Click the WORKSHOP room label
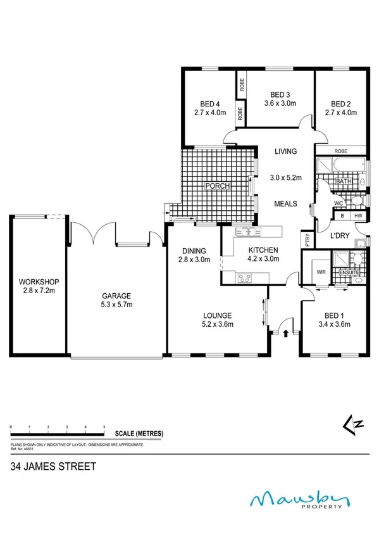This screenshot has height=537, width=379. (39, 281)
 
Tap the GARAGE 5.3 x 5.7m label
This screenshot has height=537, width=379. (118, 300)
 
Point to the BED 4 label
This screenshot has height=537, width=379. (209, 104)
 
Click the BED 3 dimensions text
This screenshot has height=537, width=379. (279, 103)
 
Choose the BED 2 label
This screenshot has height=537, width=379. (340, 104)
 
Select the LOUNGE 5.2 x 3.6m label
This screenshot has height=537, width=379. (217, 320)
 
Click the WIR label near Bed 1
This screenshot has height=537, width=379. (320, 272)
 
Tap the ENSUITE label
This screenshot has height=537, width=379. (349, 273)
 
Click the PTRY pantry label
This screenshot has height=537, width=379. (307, 240)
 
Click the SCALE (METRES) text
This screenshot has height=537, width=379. (139, 433)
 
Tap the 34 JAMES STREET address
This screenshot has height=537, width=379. (53, 467)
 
